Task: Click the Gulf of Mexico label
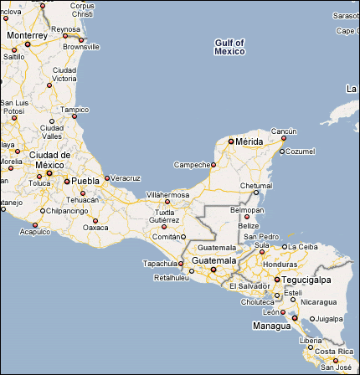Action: [x=229, y=46]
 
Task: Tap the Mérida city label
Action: [x=249, y=141]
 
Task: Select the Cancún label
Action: [x=284, y=131]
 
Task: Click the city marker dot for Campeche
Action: [x=213, y=165]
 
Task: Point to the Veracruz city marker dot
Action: [x=106, y=177]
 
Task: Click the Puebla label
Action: [x=85, y=180]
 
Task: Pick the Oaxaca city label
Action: [x=96, y=227]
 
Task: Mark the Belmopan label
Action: [x=247, y=209]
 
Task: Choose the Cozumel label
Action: [x=300, y=152]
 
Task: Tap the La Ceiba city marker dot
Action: [x=282, y=247]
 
